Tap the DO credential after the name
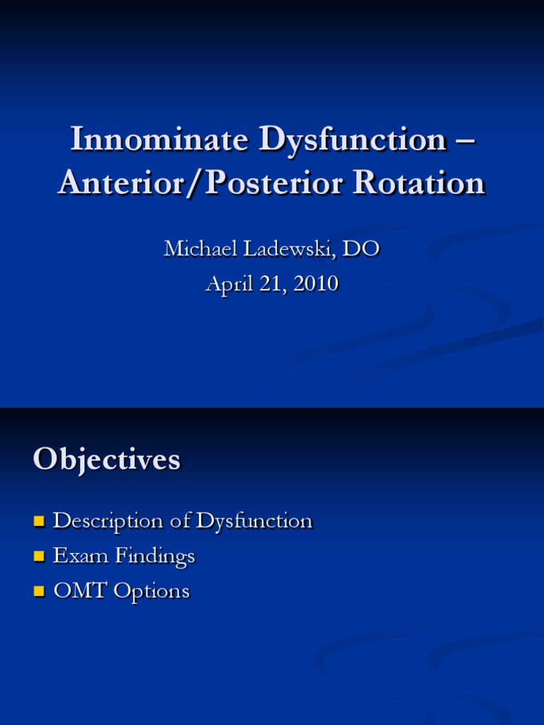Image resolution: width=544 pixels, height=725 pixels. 363,249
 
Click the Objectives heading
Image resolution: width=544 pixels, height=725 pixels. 106,460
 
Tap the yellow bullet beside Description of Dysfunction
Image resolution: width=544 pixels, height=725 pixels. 39,523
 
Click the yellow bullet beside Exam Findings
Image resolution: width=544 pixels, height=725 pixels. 39,557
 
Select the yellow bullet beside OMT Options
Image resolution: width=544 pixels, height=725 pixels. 39,592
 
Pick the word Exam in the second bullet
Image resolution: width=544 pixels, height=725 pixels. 75,556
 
